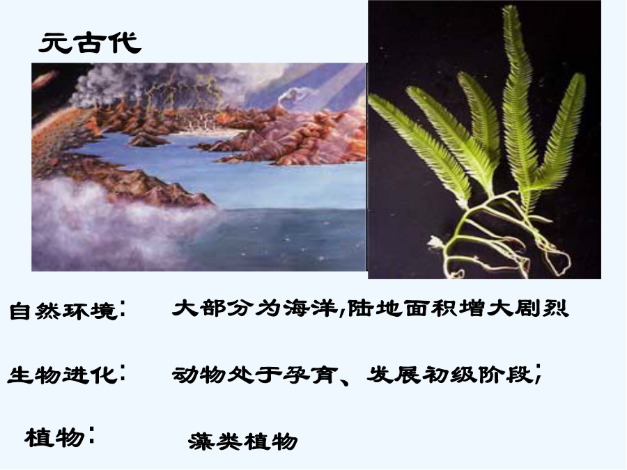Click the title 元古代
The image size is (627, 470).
[90, 43]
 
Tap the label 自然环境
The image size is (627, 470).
[63, 311]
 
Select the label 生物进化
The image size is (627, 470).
[63, 375]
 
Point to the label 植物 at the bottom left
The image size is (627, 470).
[54, 437]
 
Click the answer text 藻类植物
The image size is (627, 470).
[243, 441]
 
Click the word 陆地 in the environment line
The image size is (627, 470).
[375, 308]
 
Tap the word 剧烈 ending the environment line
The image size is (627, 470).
[541, 308]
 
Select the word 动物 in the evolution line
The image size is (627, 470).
[199, 375]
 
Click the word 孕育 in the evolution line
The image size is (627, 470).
[309, 375]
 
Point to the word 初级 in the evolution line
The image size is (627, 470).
[449, 375]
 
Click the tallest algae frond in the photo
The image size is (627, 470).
[518, 100]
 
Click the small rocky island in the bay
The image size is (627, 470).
[148, 140]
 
